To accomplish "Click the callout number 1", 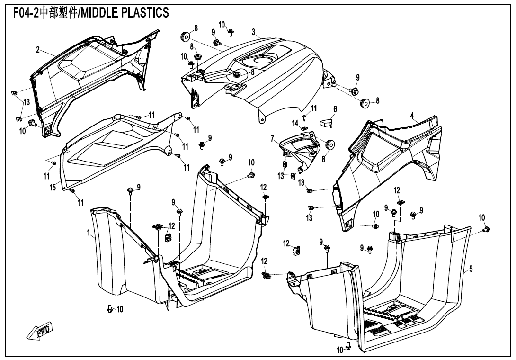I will (89, 233).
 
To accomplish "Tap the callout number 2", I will (38, 50).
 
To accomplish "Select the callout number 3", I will (254, 32).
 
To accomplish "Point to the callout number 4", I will (412, 115).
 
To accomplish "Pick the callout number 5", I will (471, 269).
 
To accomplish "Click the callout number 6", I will (335, 109).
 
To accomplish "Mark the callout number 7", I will (273, 139).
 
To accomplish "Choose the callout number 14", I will (295, 123).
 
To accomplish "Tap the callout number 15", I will (53, 188).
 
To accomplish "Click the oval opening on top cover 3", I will (260, 60).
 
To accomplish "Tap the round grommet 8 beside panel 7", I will (329, 144).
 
